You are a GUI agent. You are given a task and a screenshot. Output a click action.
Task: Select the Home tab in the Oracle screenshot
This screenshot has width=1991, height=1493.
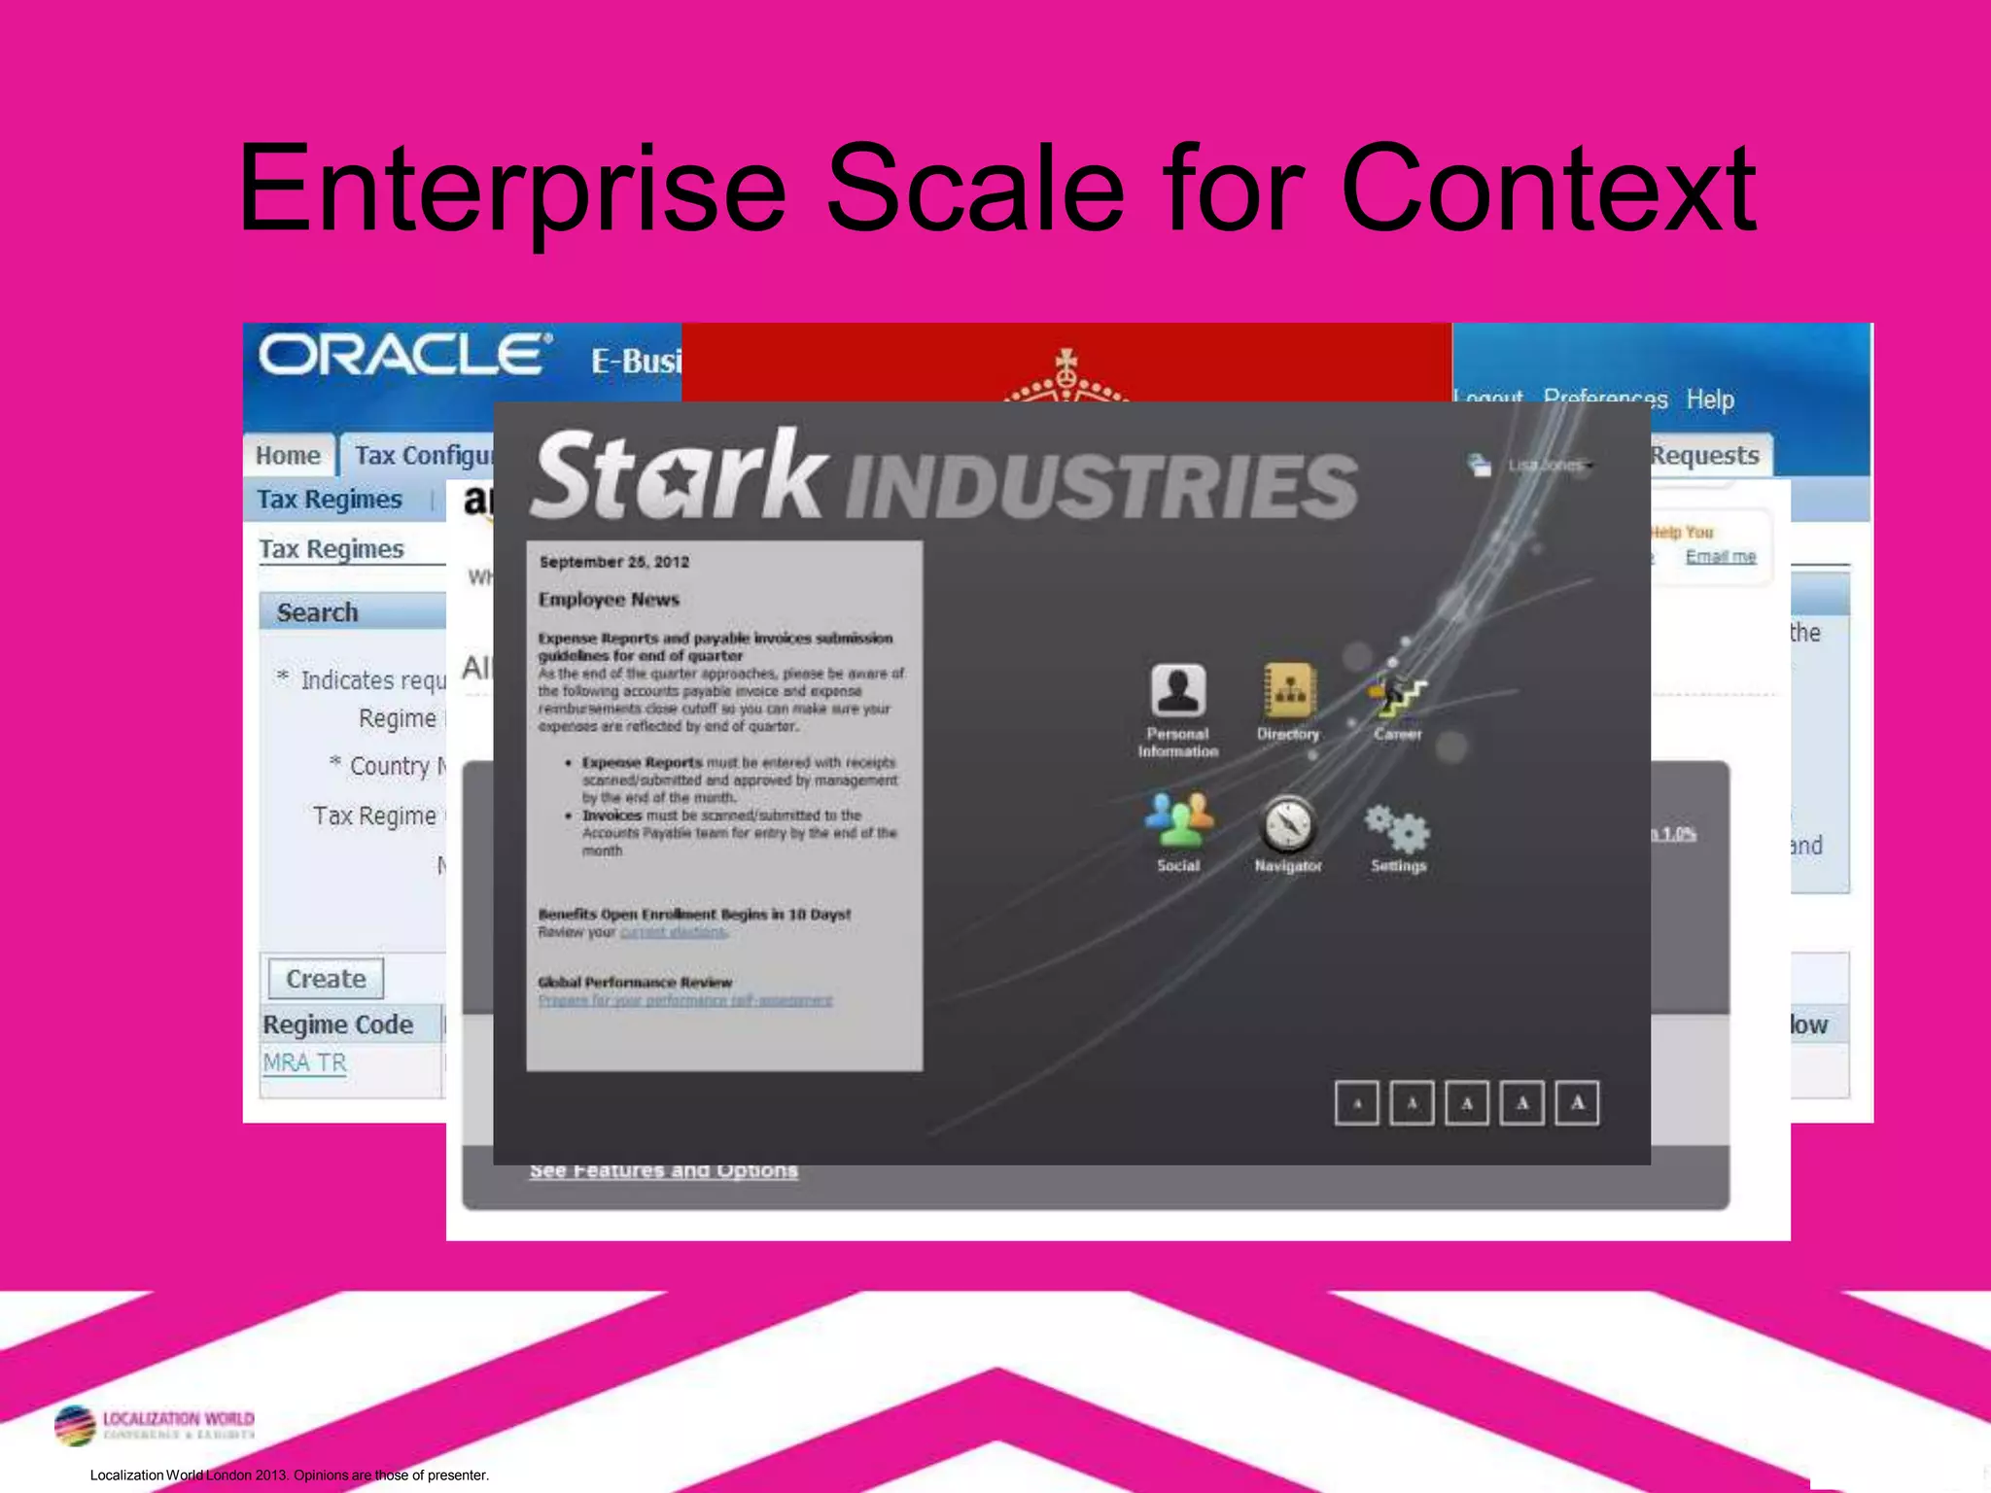pyautogui.click(x=288, y=456)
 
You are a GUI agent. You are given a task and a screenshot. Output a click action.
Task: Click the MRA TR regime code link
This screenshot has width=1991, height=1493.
pyautogui.click(x=304, y=1062)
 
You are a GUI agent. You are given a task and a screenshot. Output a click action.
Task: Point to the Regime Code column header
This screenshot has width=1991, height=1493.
pyautogui.click(x=337, y=1024)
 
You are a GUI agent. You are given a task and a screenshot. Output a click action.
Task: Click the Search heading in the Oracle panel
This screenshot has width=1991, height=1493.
pyautogui.click(x=317, y=612)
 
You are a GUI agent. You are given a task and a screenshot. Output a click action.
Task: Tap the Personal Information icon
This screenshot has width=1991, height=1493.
pyautogui.click(x=1178, y=690)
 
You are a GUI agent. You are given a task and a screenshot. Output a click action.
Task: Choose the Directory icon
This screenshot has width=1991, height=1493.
pyautogui.click(x=1288, y=690)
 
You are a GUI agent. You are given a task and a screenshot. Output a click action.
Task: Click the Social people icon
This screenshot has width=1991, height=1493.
pyautogui.click(x=1178, y=820)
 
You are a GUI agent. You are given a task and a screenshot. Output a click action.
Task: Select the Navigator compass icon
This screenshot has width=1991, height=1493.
pyautogui.click(x=1288, y=824)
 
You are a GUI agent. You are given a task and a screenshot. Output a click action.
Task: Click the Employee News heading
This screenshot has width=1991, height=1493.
pyautogui.click(x=609, y=600)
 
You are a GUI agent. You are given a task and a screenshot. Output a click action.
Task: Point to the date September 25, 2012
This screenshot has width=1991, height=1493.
pyautogui.click(x=614, y=562)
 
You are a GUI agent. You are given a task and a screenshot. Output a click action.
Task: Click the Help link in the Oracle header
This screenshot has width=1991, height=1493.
pyautogui.click(x=1710, y=399)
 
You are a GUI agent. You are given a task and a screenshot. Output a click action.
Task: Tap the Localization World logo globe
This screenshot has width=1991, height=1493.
pyautogui.click(x=75, y=1426)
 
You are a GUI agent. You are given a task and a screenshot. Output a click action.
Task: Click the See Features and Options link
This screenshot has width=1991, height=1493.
pyautogui.click(x=664, y=1170)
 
